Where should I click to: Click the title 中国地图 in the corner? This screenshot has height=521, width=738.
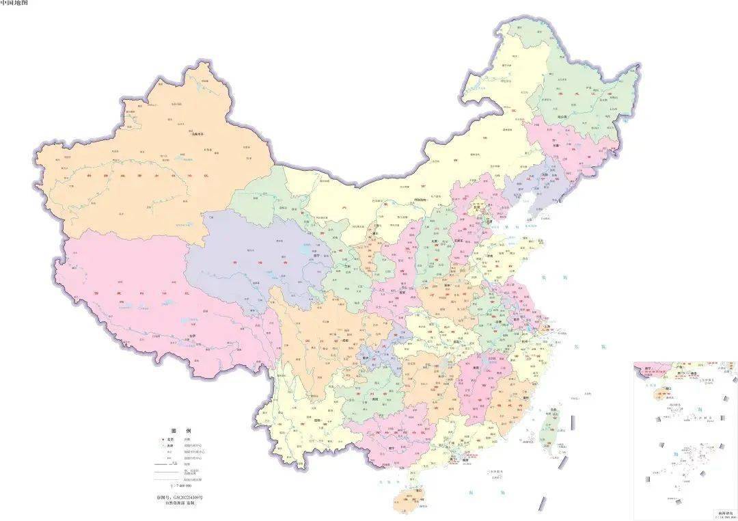tap(14, 3)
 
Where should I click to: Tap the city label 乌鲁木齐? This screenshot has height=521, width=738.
tap(197, 134)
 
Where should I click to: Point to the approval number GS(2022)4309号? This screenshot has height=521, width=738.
tap(180, 496)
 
